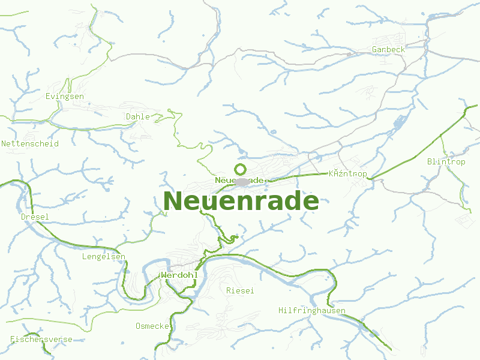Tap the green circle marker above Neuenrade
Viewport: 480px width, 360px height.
point(241,169)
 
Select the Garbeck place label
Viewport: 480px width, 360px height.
point(388,49)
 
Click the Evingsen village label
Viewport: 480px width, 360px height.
point(65,96)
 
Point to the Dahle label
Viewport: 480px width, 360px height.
point(138,116)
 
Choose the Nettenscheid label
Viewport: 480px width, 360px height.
point(30,144)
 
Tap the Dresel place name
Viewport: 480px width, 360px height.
point(35,217)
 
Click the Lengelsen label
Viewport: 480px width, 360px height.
point(103,257)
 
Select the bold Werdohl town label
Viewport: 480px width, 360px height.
point(179,275)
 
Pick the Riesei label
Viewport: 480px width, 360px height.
point(240,290)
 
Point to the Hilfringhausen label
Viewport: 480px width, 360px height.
point(312,310)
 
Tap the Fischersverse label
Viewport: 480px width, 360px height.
point(41,340)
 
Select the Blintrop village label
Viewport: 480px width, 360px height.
point(446,162)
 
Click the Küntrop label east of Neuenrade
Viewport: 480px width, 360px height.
point(348,174)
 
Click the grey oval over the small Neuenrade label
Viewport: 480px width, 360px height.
point(242,181)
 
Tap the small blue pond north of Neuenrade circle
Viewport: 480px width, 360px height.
point(274,132)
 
